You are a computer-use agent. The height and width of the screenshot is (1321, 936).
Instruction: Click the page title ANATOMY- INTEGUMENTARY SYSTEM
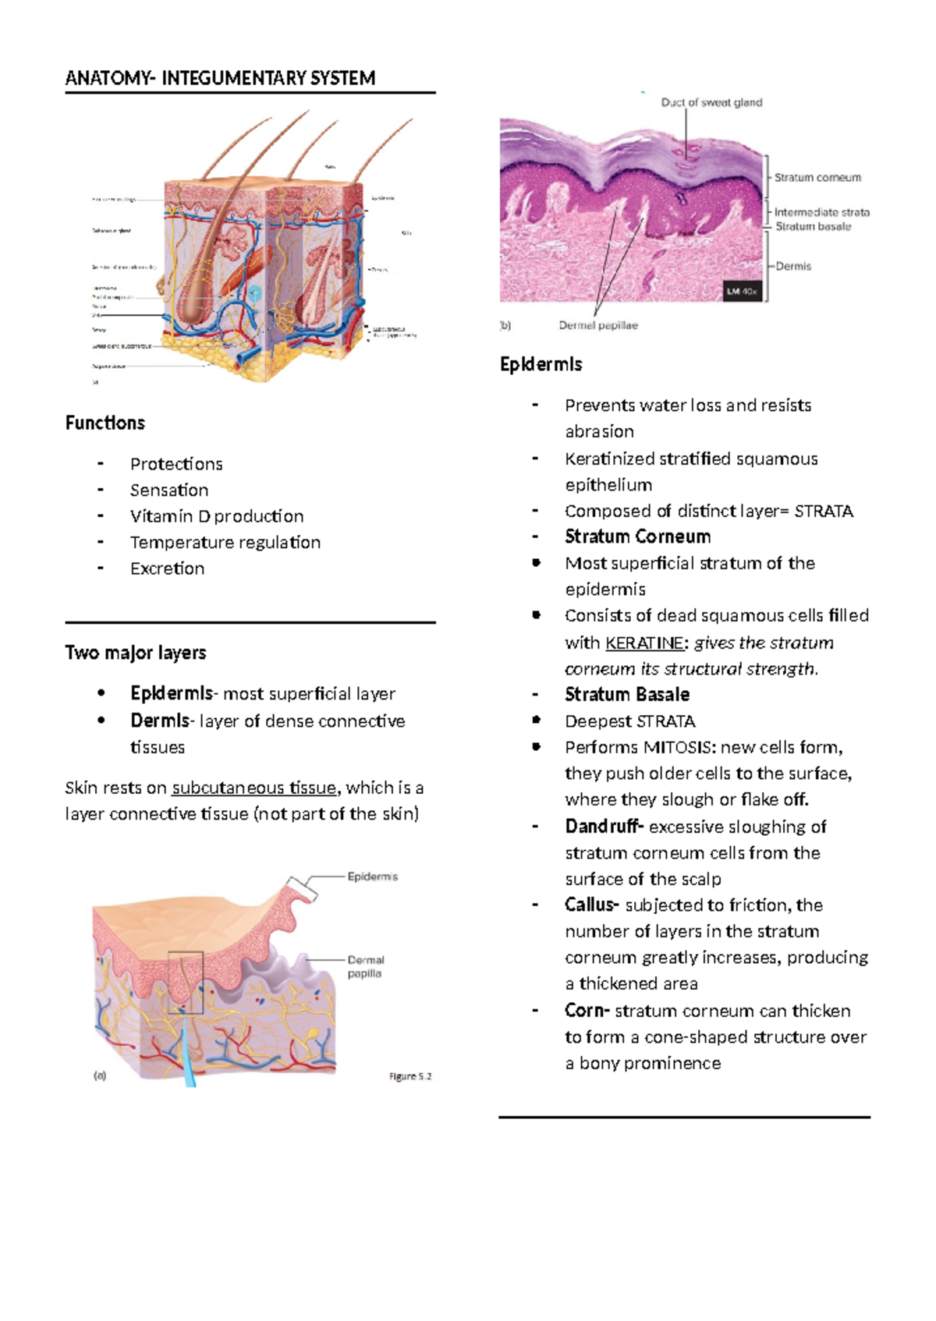pyautogui.click(x=221, y=78)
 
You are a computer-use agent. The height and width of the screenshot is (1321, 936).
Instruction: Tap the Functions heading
pyautogui.click(x=105, y=423)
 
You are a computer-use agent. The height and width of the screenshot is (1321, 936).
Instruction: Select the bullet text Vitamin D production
pyautogui.click(x=217, y=516)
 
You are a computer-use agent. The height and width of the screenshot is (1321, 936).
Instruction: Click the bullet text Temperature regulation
pyautogui.click(x=225, y=542)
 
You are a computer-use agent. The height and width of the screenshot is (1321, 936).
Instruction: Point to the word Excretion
pyautogui.click(x=168, y=568)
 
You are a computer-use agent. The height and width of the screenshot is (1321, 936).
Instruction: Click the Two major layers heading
pyautogui.click(x=136, y=653)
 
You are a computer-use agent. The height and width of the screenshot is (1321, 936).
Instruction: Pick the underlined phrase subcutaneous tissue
pyautogui.click(x=254, y=788)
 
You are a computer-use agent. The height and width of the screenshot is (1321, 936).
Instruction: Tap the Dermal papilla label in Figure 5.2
pyautogui.click(x=365, y=966)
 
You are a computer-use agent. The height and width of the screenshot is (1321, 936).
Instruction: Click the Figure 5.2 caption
pyautogui.click(x=410, y=1076)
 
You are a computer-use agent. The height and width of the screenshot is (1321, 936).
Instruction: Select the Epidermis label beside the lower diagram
pyautogui.click(x=373, y=877)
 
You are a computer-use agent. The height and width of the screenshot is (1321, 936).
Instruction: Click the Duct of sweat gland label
pyautogui.click(x=711, y=102)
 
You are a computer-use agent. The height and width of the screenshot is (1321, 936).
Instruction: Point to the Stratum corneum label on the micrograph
pyautogui.click(x=817, y=178)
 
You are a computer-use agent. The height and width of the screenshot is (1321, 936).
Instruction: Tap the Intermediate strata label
pyautogui.click(x=821, y=212)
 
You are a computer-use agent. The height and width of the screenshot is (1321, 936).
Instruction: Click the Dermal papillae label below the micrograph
pyautogui.click(x=598, y=325)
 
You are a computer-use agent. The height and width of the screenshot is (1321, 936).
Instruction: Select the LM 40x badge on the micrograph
pyautogui.click(x=742, y=292)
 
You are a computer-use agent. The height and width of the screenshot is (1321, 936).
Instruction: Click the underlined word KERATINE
pyautogui.click(x=644, y=643)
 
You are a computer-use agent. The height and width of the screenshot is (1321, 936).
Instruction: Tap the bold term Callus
pyautogui.click(x=592, y=905)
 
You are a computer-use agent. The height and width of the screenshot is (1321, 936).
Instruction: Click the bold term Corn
pyautogui.click(x=587, y=1011)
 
